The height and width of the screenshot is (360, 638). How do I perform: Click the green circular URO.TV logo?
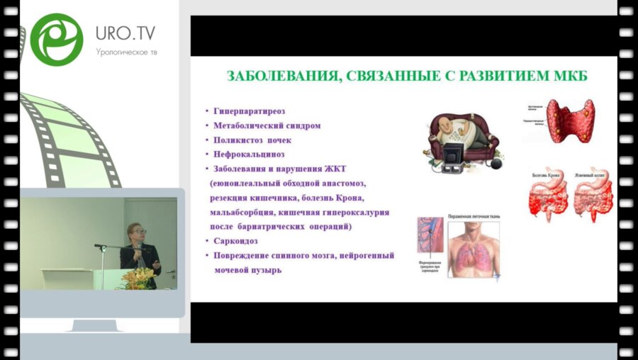click(57, 40)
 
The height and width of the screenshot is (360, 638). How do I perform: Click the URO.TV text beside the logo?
click(125, 33)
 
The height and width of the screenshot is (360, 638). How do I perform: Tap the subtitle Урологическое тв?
click(126, 52)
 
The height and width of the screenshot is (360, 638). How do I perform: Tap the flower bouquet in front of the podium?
click(138, 277)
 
